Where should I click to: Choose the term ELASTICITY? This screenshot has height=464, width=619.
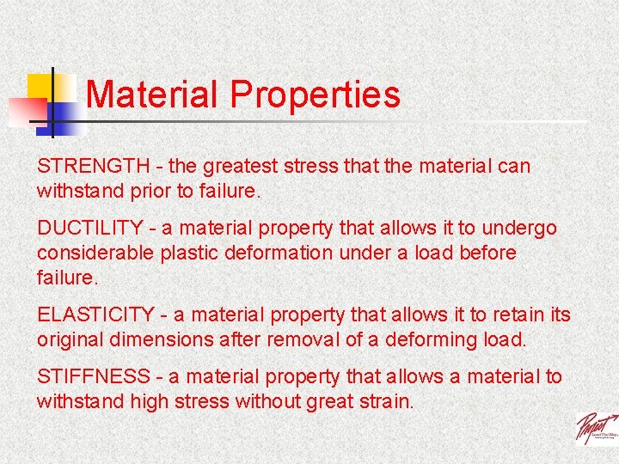[x=94, y=315]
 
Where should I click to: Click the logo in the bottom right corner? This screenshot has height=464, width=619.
[x=595, y=427]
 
